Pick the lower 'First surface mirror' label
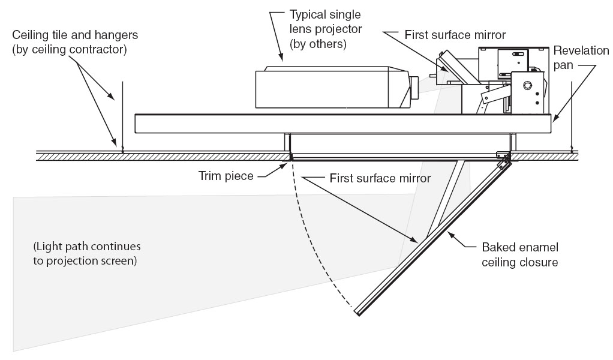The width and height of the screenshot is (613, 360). pyautogui.click(x=380, y=178)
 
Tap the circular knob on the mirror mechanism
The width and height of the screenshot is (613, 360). pyautogui.click(x=528, y=86)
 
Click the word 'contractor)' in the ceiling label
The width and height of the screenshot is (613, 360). pyautogui.click(x=101, y=50)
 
